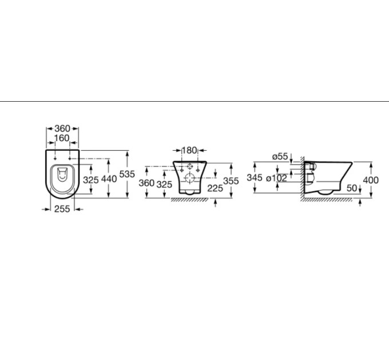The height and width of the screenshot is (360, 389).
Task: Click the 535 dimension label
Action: (x=127, y=174)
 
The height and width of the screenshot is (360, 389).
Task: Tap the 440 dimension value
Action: (x=109, y=179)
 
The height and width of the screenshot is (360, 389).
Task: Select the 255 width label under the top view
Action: (x=62, y=209)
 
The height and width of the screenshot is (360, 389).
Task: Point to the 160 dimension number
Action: (x=62, y=138)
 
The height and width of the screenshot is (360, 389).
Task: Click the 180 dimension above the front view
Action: (x=189, y=150)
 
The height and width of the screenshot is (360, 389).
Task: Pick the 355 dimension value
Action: (x=231, y=181)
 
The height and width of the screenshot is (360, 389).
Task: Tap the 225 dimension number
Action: (x=215, y=189)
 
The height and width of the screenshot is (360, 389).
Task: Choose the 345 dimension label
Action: (x=255, y=177)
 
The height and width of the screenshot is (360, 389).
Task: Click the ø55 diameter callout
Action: (x=280, y=157)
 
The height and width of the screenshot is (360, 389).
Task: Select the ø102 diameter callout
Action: (x=276, y=178)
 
